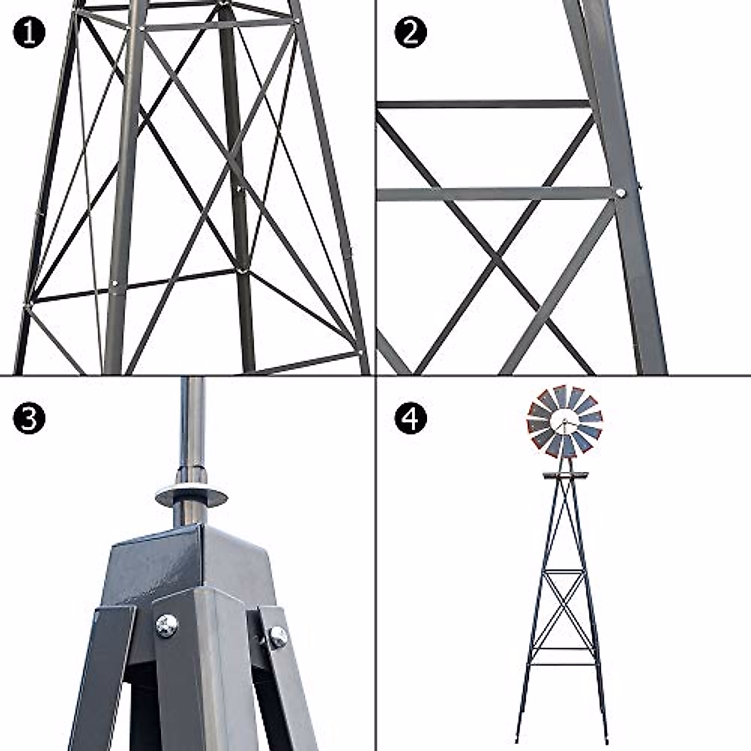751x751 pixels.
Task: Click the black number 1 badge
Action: (x=29, y=33)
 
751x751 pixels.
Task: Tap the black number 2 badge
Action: (x=411, y=33)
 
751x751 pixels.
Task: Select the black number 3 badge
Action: (x=29, y=419)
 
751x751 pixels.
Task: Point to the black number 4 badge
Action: (x=411, y=419)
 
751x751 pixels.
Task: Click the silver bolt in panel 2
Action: (x=620, y=193)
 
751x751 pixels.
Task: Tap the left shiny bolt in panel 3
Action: (x=167, y=625)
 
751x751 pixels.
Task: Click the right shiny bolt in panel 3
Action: (x=277, y=637)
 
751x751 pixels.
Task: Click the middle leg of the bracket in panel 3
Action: (x=207, y=676)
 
